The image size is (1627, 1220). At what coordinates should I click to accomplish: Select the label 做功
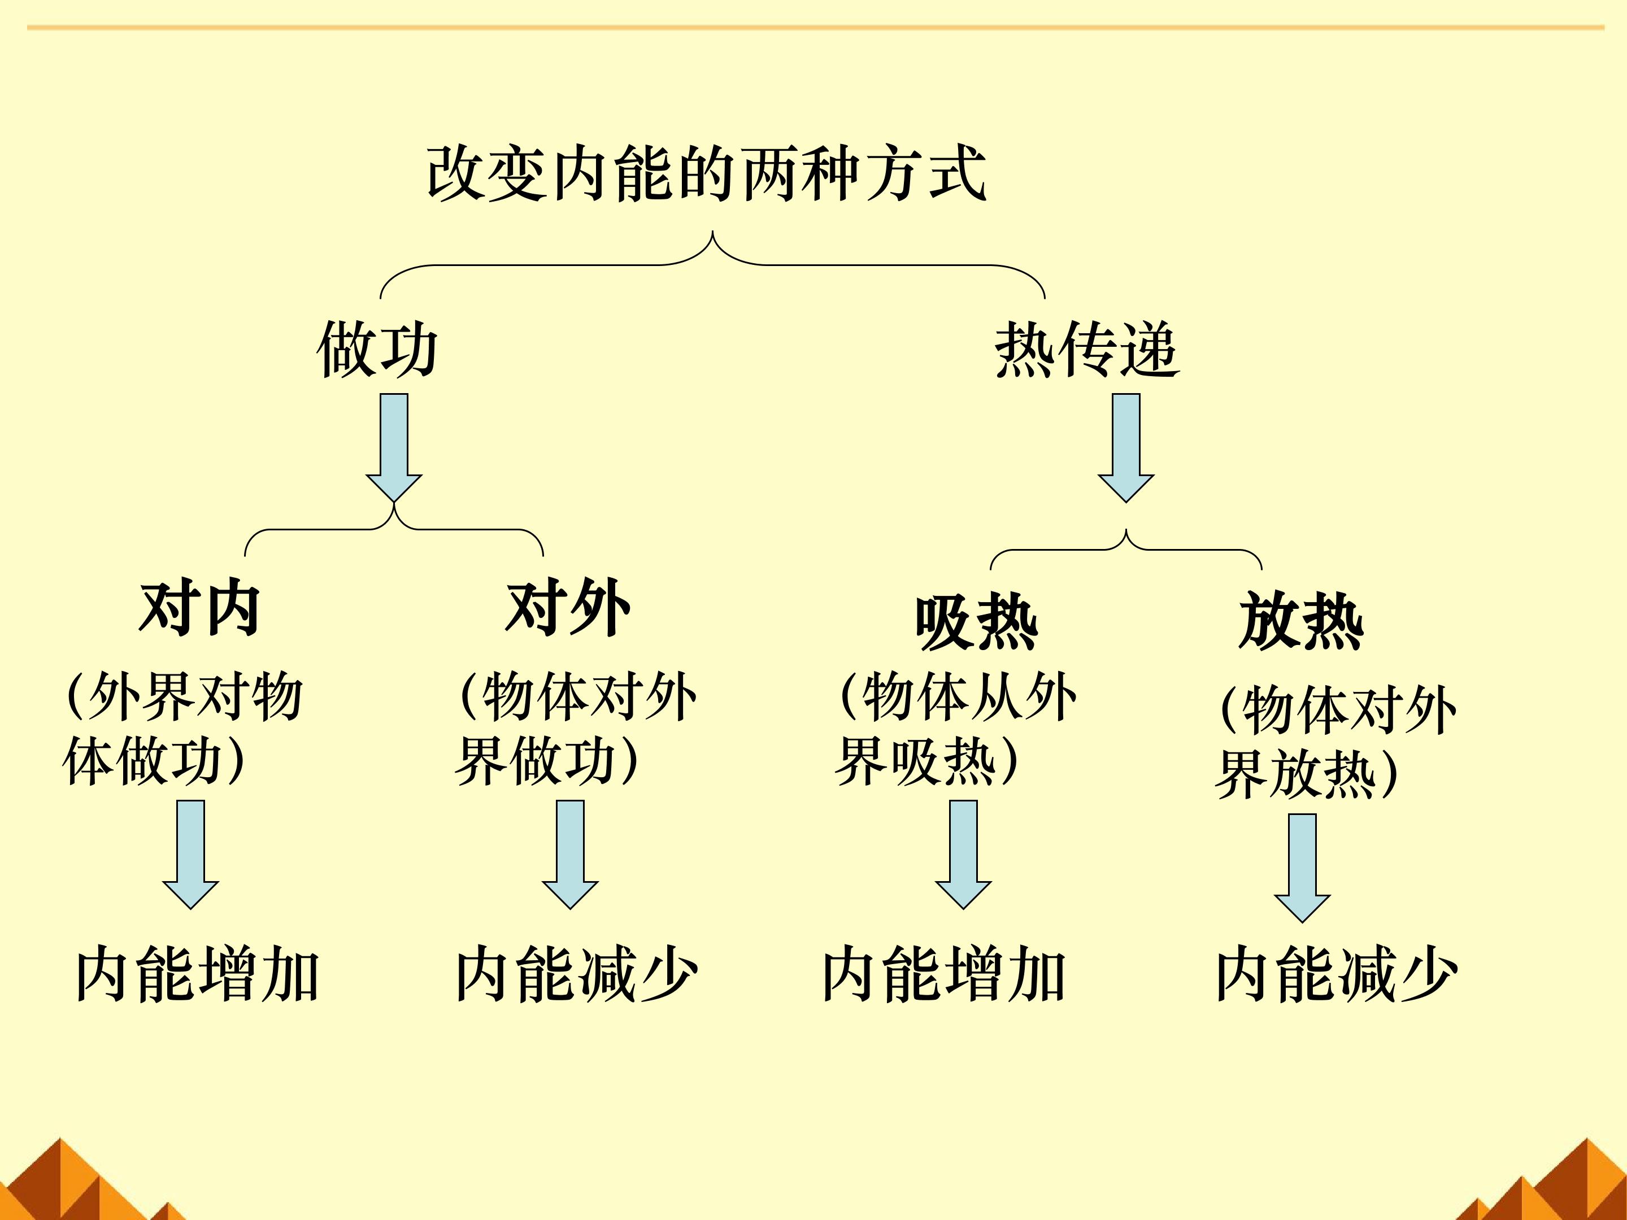[x=378, y=350]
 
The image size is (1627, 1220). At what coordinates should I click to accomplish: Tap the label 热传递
[x=1087, y=350]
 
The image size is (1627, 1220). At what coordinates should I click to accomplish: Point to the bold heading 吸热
[x=976, y=622]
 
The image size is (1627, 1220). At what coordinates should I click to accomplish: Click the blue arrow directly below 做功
[x=394, y=448]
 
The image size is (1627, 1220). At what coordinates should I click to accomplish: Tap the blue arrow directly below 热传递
[x=1126, y=448]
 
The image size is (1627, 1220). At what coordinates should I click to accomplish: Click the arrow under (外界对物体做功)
[x=190, y=855]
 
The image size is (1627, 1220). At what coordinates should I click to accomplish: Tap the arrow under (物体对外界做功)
[x=570, y=855]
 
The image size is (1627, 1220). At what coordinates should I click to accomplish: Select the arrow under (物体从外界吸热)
[x=964, y=855]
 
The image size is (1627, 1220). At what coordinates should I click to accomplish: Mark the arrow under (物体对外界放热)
[x=1303, y=868]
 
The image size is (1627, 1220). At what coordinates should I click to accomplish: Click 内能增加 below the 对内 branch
[x=198, y=975]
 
